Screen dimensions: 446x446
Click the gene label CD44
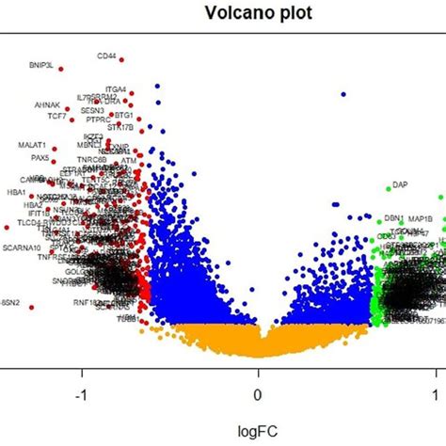[106, 56]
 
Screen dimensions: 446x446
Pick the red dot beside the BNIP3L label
[61, 69]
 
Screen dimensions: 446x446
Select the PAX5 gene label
[40, 158]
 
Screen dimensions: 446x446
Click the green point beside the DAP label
[387, 188]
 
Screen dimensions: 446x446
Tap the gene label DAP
[400, 184]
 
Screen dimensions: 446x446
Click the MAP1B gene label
[420, 218]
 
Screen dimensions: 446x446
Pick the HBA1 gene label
[16, 191]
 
